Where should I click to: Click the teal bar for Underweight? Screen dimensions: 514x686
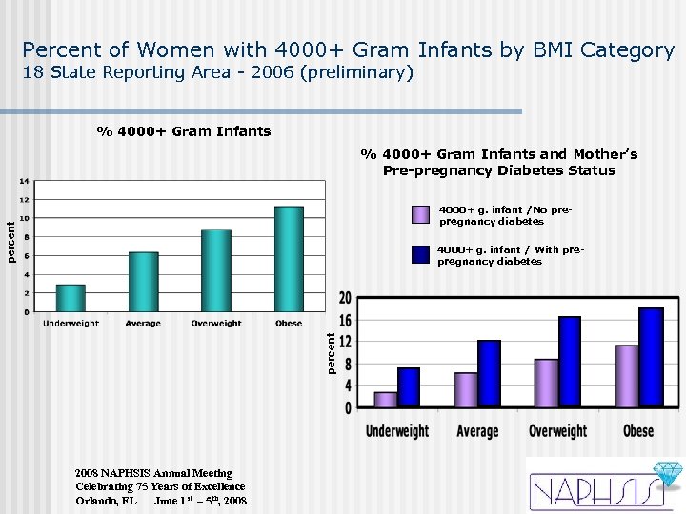(71, 298)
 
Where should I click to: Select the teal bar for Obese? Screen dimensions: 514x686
(289, 259)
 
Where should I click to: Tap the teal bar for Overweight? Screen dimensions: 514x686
(216, 270)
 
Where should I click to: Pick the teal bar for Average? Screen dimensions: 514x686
(144, 282)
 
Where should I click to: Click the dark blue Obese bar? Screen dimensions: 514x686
(651, 357)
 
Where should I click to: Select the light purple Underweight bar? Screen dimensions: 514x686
(386, 399)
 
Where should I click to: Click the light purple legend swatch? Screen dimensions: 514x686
(421, 214)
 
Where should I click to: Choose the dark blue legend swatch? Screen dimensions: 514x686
(421, 254)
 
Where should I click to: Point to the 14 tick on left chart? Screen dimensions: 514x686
(24, 181)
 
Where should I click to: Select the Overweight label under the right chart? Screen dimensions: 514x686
(558, 431)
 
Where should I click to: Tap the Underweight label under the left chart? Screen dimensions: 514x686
(71, 324)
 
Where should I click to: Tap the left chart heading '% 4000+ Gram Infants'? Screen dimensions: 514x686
(183, 131)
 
